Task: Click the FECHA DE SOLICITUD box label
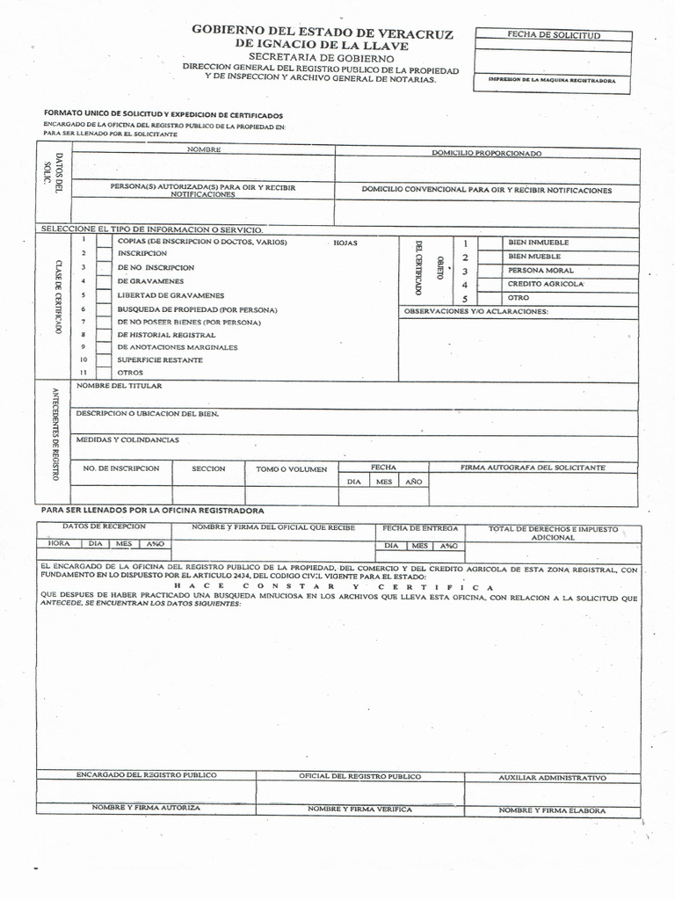[553, 36]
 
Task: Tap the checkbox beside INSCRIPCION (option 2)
[104, 253]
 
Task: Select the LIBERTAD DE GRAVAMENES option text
[171, 295]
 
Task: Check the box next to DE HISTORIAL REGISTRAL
[104, 335]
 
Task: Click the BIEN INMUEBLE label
[538, 242]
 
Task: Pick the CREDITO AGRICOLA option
[545, 284]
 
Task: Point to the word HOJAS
[345, 243]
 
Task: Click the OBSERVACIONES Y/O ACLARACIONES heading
[475, 311]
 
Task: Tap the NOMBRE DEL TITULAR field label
[119, 386]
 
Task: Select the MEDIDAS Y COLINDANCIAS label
[127, 439]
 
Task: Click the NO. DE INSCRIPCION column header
[121, 468]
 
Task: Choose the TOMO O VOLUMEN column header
[291, 469]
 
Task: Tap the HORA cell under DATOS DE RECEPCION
[58, 545]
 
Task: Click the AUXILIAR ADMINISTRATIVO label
[552, 778]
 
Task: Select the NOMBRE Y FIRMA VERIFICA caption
[359, 809]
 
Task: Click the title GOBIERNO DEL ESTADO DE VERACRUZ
[323, 33]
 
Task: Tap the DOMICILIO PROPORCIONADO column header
[486, 153]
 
